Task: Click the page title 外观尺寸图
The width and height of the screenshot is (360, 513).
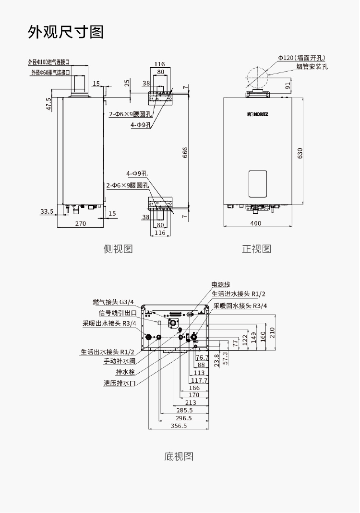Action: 66,32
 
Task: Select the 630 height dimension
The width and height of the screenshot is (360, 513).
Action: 300,153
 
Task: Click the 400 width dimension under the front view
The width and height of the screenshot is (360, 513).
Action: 256,223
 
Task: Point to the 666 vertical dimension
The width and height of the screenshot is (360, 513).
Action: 185,152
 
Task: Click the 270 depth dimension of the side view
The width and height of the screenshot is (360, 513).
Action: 80,223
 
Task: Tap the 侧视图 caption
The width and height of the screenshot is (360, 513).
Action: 118,249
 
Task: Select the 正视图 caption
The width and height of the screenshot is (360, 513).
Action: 256,249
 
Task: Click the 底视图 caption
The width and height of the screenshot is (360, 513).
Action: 179,456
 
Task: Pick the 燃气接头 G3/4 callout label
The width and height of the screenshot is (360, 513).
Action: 113,302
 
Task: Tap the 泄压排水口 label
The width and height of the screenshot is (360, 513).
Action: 120,383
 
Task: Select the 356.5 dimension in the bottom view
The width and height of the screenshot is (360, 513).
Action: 179,426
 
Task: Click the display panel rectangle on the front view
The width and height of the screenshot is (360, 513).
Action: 258,183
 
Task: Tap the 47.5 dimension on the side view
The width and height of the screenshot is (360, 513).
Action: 49,104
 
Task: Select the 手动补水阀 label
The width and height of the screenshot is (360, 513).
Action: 120,361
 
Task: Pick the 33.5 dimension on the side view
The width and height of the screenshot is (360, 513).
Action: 47,211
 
